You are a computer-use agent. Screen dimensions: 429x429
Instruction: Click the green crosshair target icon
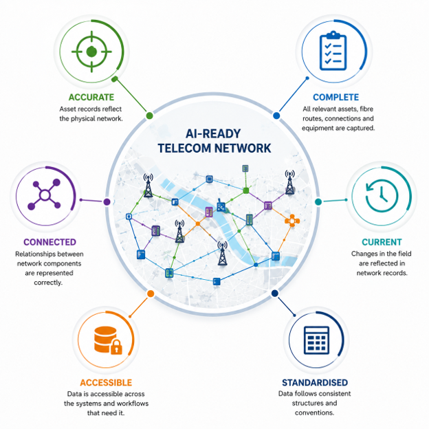(91, 52)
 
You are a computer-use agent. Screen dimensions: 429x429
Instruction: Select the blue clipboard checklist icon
(333, 51)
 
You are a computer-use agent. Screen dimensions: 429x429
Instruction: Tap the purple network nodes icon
(45, 195)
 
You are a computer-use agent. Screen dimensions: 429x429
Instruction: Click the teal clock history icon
(382, 195)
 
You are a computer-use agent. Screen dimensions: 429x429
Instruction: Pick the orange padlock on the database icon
(116, 346)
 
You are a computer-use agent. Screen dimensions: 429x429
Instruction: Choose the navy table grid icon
(316, 340)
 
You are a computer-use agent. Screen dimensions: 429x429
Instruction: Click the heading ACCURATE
(91, 97)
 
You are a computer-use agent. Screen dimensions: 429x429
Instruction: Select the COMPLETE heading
(335, 97)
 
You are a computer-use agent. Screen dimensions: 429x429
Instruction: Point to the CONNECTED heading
(49, 242)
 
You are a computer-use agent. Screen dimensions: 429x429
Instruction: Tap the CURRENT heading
(382, 242)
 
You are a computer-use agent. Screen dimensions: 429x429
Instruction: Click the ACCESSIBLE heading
(106, 382)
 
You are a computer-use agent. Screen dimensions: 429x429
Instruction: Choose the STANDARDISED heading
(315, 382)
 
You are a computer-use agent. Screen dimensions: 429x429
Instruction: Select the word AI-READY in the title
(213, 133)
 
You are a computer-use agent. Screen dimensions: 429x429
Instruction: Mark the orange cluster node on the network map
(292, 221)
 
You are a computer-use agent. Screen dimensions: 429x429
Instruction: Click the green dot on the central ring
(149, 115)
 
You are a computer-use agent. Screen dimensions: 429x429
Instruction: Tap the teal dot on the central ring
(318, 202)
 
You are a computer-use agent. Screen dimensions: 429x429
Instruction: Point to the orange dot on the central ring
(151, 294)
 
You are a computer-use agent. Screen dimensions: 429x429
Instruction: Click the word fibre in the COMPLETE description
(366, 109)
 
